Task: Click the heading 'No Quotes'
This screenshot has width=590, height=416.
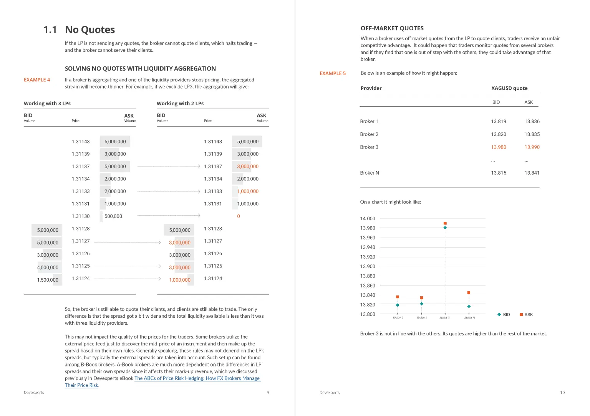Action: point(90,30)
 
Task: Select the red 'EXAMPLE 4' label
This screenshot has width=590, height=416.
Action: point(37,80)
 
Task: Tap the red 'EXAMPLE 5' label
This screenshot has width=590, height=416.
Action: point(333,73)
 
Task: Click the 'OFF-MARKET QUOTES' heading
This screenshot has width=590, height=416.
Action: point(392,28)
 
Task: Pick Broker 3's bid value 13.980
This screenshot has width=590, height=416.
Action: point(499,147)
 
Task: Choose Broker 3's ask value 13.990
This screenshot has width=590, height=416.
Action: point(532,147)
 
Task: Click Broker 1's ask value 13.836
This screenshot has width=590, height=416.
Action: point(532,121)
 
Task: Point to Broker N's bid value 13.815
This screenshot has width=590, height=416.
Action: point(499,173)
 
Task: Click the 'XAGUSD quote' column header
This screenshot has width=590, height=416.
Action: point(509,88)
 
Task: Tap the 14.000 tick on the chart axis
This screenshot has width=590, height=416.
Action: point(368,219)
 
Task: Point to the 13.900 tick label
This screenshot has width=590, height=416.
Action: point(368,266)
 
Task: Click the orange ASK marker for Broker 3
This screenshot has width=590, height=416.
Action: point(445,223)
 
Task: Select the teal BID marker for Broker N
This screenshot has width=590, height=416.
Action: point(469,307)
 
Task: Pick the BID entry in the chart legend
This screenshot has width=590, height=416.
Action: point(504,315)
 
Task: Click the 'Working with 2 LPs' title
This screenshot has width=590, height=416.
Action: point(180,104)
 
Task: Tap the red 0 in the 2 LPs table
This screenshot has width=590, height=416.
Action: point(239,216)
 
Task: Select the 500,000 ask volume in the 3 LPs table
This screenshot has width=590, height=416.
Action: point(113,216)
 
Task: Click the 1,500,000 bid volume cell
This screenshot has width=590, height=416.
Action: point(48,280)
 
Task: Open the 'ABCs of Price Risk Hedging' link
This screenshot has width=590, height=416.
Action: point(197,378)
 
